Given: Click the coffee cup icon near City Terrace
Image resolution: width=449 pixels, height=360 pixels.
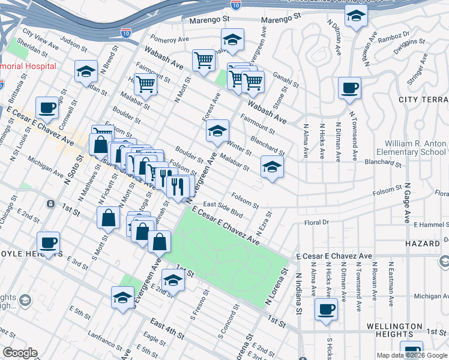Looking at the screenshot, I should pos(349,89).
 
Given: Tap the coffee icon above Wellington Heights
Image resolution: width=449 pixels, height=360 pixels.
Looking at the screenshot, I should pos(326,310).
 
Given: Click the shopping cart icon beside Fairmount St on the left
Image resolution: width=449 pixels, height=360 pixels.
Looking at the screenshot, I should pos(145,85).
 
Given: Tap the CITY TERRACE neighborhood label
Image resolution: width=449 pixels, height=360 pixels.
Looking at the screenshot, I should pos(418,99).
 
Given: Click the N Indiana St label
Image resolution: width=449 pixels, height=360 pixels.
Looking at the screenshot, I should pos(298,294).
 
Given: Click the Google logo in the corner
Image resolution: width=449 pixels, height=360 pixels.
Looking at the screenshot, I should pos(20,353).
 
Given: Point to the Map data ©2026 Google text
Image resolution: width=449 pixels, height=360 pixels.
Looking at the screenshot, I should pos(412,355).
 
